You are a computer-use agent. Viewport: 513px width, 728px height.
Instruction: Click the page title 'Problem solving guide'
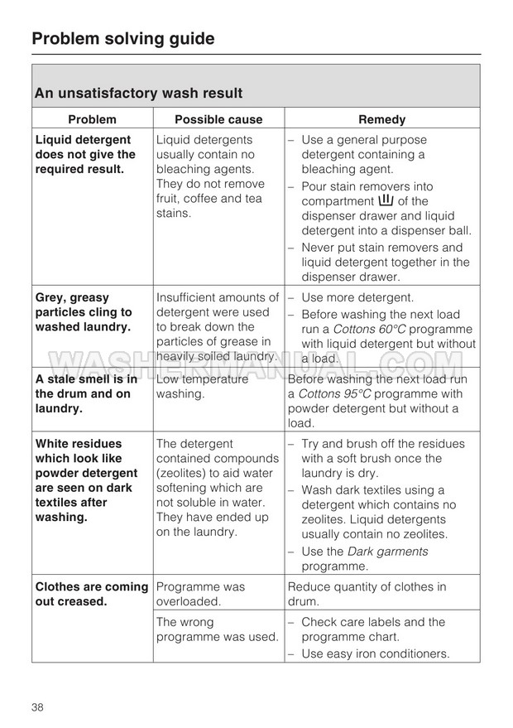[123, 38]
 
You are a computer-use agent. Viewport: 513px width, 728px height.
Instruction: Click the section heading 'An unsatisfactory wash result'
[138, 94]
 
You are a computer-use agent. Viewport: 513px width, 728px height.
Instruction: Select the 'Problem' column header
[92, 119]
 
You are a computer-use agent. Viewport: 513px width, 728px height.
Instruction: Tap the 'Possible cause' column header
[218, 119]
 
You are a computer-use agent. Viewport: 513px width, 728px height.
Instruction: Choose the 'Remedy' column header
[381, 119]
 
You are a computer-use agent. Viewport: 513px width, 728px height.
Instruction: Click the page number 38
[38, 706]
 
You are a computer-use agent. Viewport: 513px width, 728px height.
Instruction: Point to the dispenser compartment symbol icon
[386, 200]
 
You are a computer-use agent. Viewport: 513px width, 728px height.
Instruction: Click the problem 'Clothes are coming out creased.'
[91, 594]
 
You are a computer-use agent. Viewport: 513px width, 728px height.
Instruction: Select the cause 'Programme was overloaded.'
[200, 594]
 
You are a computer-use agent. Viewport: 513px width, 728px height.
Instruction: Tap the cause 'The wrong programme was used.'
[217, 629]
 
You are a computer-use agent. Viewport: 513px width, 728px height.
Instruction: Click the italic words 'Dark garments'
[388, 551]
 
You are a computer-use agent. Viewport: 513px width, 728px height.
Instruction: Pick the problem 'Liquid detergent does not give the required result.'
[85, 154]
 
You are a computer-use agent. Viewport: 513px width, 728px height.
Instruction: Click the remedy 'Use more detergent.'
[357, 297]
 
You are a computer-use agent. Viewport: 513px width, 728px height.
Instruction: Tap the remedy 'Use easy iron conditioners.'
[375, 653]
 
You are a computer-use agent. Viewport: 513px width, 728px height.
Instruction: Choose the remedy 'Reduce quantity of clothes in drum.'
[367, 594]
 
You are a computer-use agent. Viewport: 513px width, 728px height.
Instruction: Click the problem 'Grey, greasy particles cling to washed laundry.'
[84, 312]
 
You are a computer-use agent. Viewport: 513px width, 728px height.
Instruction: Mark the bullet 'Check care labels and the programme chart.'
[372, 629]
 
